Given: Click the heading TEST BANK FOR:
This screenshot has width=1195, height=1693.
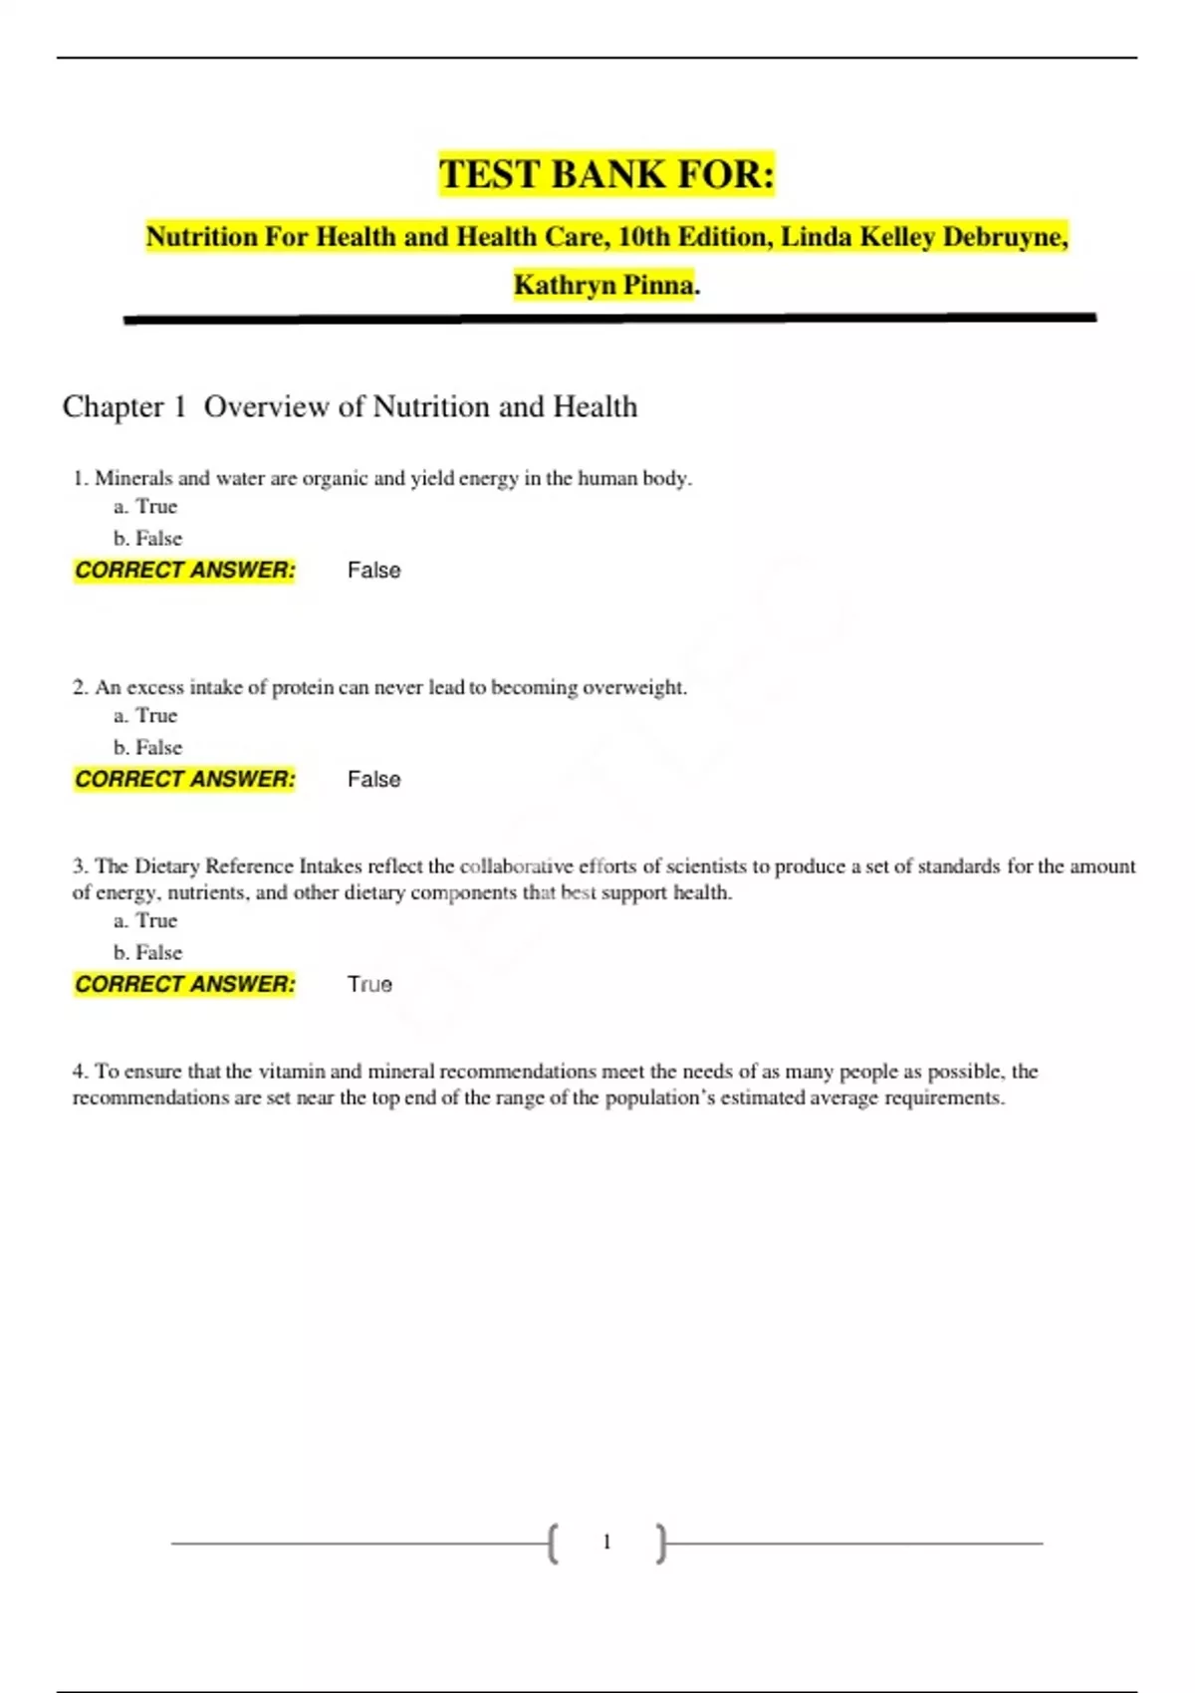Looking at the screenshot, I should click(606, 174).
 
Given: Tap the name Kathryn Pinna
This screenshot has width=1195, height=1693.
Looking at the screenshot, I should click(604, 285).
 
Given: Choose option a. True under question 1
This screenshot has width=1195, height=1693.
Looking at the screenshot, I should click(145, 506).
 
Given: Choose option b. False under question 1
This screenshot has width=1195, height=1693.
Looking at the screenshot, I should click(148, 538).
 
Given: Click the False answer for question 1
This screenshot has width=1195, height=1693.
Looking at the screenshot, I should click(373, 571).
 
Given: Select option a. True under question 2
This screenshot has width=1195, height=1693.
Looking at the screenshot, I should click(145, 715).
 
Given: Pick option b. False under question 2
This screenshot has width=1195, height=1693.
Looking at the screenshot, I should click(148, 747).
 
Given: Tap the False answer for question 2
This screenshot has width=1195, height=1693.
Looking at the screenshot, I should click(373, 780).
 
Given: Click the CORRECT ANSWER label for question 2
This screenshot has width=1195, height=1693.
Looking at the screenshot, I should click(185, 779).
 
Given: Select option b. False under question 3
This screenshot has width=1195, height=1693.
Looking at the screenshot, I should click(148, 952).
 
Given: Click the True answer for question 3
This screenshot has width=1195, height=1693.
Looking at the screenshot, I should click(369, 985).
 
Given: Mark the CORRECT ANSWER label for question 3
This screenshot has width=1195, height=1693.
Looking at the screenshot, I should click(185, 984).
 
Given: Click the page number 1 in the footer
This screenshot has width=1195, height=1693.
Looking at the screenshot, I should click(606, 1543).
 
